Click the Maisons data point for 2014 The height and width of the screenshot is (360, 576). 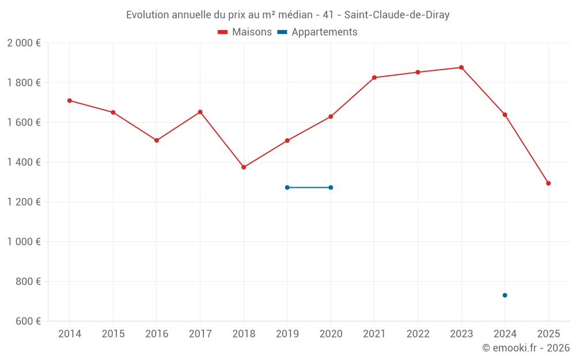click(70, 101)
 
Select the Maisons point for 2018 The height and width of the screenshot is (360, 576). click(244, 167)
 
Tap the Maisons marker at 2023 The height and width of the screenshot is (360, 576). click(461, 67)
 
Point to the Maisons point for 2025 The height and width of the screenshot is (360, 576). click(548, 183)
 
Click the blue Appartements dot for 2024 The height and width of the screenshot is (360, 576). click(505, 295)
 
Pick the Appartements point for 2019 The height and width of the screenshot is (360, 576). click(287, 187)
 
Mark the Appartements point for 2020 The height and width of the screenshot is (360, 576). click(331, 187)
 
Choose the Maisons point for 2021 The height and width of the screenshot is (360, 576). click(374, 78)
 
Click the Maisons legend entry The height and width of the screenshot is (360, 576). click(245, 32)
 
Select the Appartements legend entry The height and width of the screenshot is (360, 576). click(317, 32)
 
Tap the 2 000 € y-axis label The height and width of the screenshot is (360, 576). click(24, 43)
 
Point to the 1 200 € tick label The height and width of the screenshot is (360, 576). click(24, 202)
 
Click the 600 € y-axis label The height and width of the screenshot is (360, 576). click(28, 321)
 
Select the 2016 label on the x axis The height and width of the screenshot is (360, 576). click(157, 334)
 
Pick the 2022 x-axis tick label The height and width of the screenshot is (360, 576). click(418, 334)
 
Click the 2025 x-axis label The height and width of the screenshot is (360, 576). click(548, 334)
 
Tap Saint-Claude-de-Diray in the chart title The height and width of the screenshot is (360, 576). click(397, 15)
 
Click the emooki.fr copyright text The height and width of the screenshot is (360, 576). click(525, 348)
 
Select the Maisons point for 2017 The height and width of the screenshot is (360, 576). click(200, 112)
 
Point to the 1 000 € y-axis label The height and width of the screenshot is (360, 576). click(24, 242)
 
